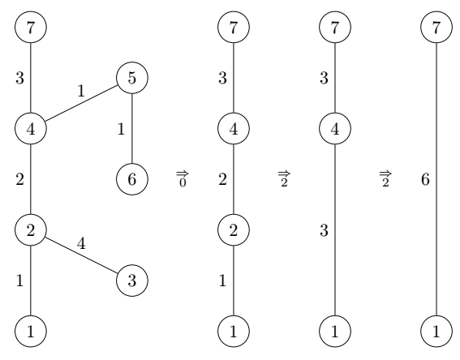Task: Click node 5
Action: (x=132, y=78)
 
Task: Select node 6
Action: (x=132, y=179)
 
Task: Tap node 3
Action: (x=132, y=281)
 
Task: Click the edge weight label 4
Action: (x=81, y=243)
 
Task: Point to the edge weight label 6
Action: (x=425, y=179)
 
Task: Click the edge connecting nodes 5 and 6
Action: (x=132, y=129)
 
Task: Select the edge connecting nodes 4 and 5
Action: (x=81, y=103)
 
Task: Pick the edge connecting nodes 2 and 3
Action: (x=81, y=255)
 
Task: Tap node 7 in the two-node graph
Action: (x=436, y=28)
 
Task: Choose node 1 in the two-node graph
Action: (x=436, y=332)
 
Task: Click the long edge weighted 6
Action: (x=436, y=179)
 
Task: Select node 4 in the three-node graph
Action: (x=335, y=129)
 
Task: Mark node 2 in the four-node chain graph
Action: (x=233, y=230)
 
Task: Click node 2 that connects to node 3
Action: (x=31, y=230)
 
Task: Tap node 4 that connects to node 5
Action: (x=31, y=129)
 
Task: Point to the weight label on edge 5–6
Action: (x=121, y=129)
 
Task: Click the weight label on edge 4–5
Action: (x=81, y=91)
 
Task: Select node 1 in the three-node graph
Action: (x=335, y=332)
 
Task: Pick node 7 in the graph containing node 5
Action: (x=31, y=28)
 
